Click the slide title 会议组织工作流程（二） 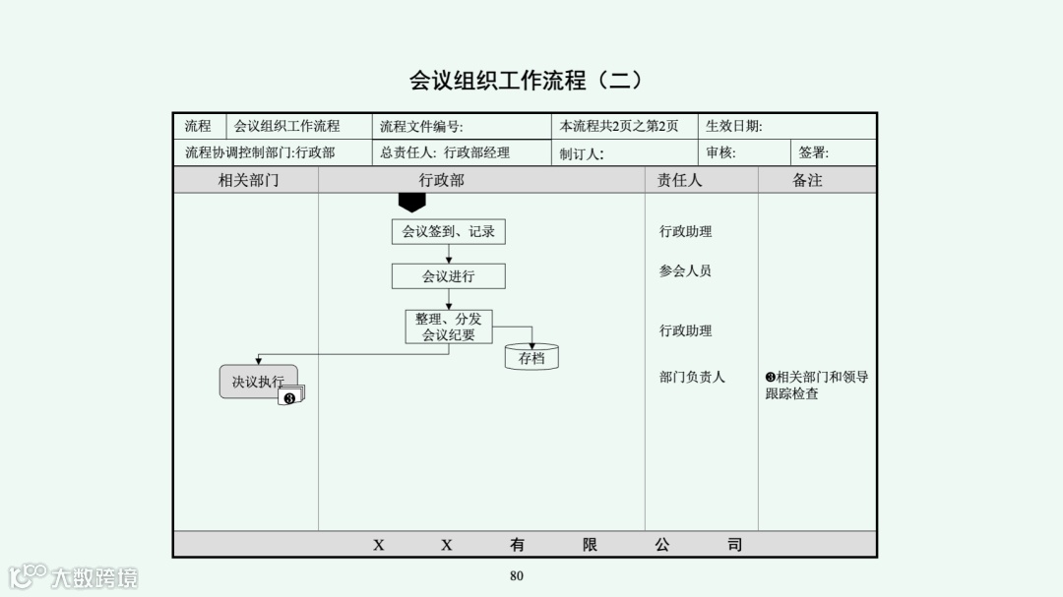pos(526,81)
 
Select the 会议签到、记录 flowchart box pos(449,232)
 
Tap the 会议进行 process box pos(449,276)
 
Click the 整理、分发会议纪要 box pos(449,328)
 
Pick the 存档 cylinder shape pos(531,357)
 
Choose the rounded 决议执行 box pos(258,382)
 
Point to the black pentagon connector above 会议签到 pos(411,202)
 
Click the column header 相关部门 pos(248,180)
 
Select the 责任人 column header pos(680,180)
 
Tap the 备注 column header pos(807,180)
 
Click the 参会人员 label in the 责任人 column pos(685,270)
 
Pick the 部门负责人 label pos(692,377)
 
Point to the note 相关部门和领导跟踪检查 pos(816,386)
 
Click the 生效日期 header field pos(733,126)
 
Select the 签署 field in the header pos(814,152)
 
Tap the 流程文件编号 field pos(421,126)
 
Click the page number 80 pos(517,576)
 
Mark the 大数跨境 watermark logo pos(74,576)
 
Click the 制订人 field pos(582,153)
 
